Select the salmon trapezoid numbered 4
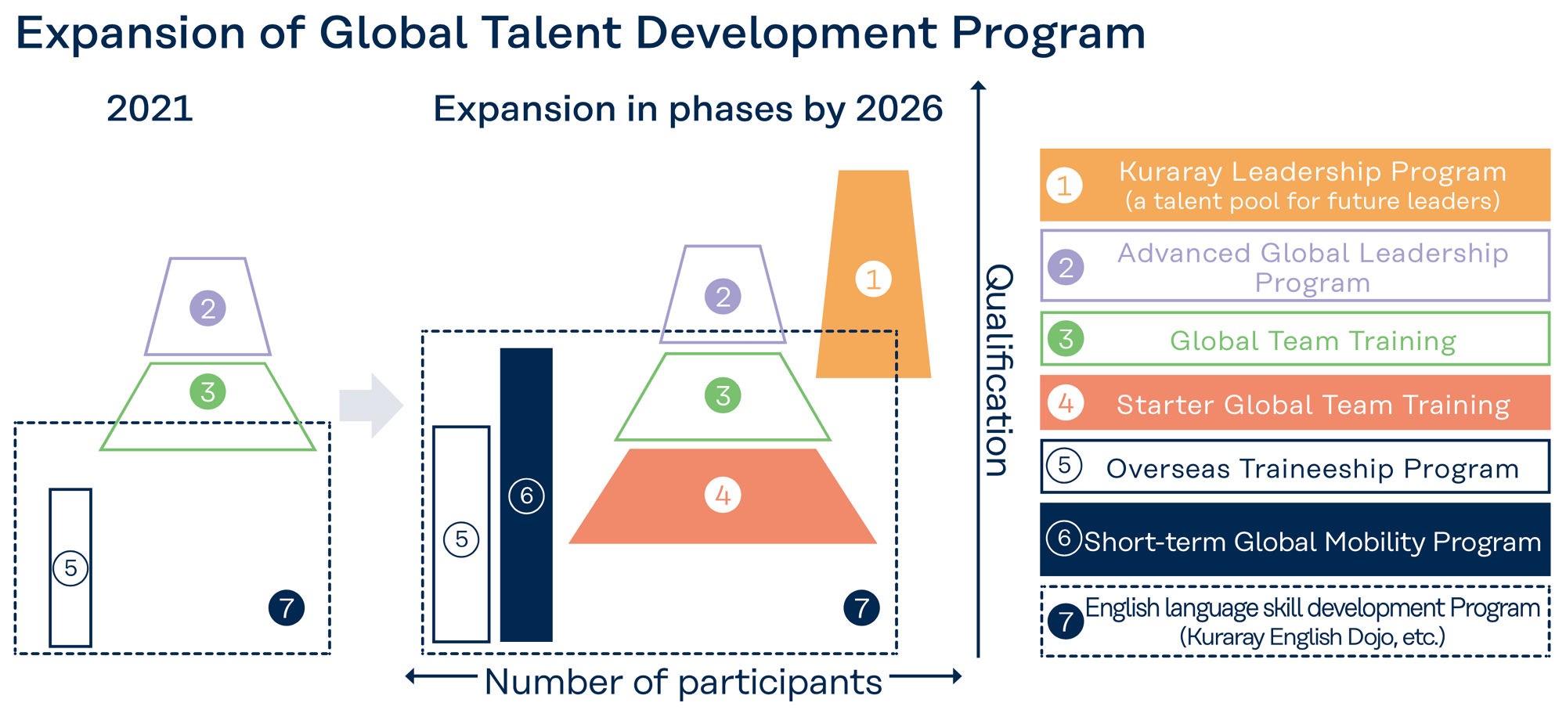(723, 496)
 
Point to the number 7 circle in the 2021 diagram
(287, 607)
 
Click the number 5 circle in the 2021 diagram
(70, 568)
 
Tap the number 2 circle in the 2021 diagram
(207, 308)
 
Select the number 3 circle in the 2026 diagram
(723, 395)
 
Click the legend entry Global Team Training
(1295, 339)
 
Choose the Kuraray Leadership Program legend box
(1295, 185)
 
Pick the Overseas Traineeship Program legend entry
(1295, 467)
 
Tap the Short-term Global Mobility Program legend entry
(1295, 539)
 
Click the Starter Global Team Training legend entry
(1295, 402)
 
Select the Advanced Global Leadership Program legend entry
(1295, 265)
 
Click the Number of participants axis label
(684, 682)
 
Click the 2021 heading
(150, 108)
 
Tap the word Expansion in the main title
(131, 34)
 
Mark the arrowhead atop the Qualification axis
(978, 85)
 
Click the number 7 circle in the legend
(1066, 622)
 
